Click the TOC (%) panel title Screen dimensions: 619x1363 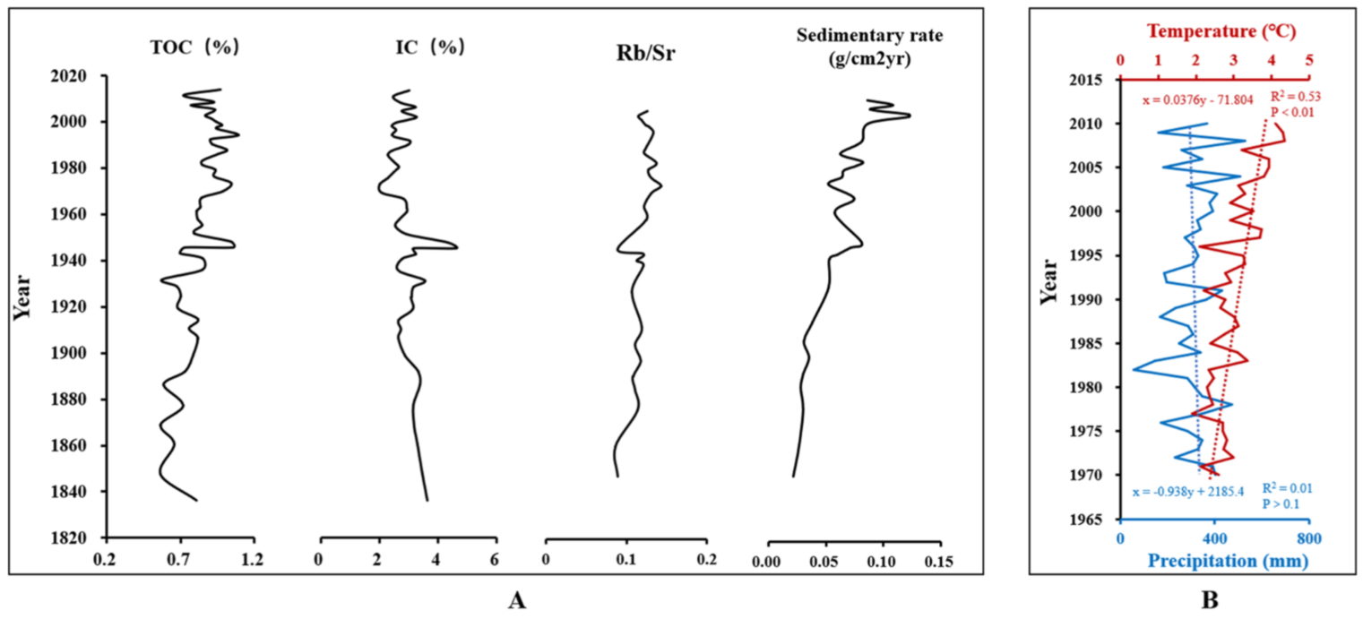tap(194, 48)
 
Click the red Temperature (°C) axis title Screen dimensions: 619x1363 tap(1215, 34)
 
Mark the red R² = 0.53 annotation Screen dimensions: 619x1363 tap(1297, 96)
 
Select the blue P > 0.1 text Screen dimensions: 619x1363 tap(1282, 505)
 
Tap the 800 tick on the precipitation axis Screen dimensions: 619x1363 tap(1309, 540)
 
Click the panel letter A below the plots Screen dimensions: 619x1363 tap(515, 600)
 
